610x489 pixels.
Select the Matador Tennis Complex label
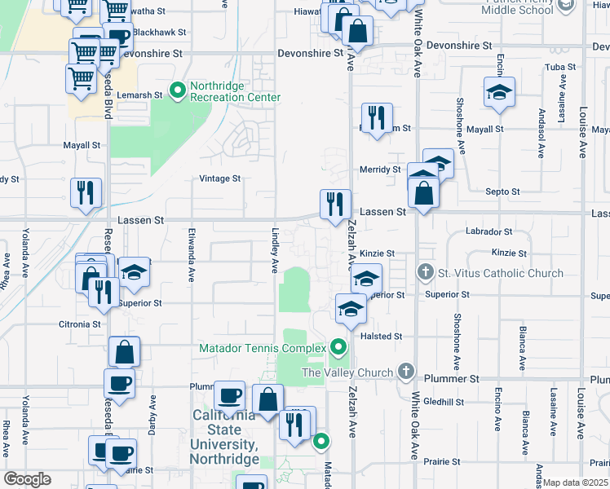[x=262, y=349]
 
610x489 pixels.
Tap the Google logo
[x=27, y=478]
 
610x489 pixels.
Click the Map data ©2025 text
[x=577, y=482]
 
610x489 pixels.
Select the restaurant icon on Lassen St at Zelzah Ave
[x=335, y=204]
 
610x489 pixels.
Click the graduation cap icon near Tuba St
[x=499, y=92]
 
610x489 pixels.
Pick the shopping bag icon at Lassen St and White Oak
[x=424, y=194]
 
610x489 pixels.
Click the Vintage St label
[x=220, y=178]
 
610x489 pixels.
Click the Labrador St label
[x=488, y=232]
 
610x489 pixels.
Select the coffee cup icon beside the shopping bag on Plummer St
[x=229, y=396]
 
